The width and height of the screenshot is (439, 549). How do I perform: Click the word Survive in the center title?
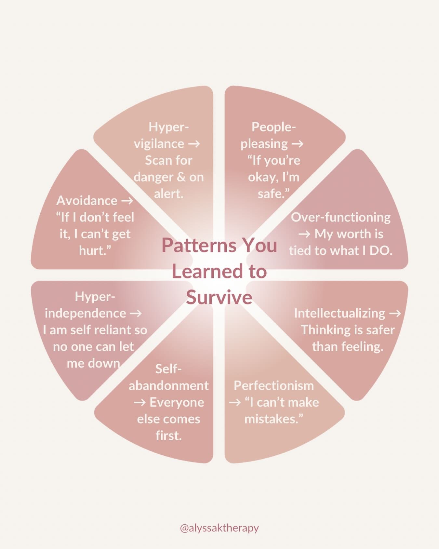pyautogui.click(x=219, y=297)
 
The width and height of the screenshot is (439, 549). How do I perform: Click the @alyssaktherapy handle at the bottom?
pyautogui.click(x=219, y=528)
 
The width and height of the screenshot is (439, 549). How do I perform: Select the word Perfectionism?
pyautogui.click(x=274, y=386)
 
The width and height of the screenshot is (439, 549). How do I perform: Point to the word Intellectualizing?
pyautogui.click(x=339, y=313)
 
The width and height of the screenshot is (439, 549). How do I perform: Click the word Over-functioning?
pyautogui.click(x=340, y=217)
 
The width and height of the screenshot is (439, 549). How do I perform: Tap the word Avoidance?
pyautogui.click(x=87, y=201)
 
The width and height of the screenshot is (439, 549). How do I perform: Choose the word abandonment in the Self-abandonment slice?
pyautogui.click(x=168, y=386)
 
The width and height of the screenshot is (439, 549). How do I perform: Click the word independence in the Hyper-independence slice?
pyautogui.click(x=85, y=313)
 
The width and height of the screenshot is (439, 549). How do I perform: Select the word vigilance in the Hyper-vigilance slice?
pyautogui.click(x=159, y=144)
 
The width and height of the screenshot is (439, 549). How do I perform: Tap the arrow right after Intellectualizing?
pyautogui.click(x=395, y=313)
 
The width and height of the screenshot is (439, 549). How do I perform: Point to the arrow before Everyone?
pyautogui.click(x=140, y=403)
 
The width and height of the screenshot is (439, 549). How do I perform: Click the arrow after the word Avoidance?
pyautogui.click(x=127, y=201)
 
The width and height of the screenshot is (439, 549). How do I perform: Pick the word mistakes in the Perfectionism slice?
pyautogui.click(x=272, y=419)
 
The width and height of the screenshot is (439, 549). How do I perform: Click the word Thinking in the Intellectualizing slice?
pyautogui.click(x=325, y=330)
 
